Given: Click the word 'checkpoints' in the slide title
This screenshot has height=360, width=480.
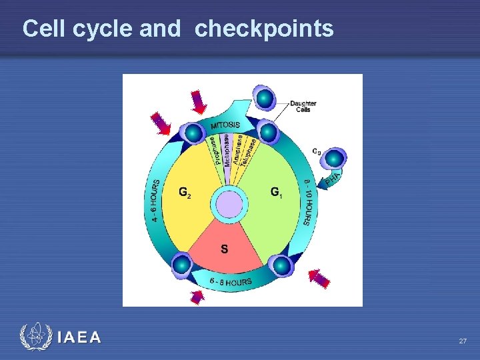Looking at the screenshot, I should [x=264, y=29].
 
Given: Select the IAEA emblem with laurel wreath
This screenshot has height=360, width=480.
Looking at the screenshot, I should [x=34, y=337].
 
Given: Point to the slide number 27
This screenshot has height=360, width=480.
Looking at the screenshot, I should [x=463, y=341].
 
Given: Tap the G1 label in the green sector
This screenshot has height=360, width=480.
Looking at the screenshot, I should [x=277, y=192].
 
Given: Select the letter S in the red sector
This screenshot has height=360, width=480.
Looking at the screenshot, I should [x=224, y=249].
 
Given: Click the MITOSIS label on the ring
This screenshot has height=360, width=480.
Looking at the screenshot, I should [x=225, y=125].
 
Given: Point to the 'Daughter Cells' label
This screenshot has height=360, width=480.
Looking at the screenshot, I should [x=303, y=106].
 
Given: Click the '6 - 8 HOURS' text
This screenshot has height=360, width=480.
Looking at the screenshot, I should [x=230, y=282].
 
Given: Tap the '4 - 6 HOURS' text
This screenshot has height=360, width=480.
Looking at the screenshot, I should [x=155, y=199].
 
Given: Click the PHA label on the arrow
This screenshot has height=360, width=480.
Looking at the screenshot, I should [x=333, y=178].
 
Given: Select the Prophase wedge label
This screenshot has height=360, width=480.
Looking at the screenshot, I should [x=213, y=151].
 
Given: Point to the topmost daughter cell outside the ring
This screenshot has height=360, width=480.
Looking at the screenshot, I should [x=265, y=99].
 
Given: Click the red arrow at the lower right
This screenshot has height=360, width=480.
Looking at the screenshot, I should [x=319, y=278].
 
